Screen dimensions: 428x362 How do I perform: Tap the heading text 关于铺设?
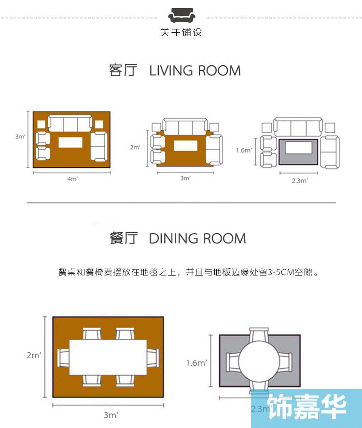181,33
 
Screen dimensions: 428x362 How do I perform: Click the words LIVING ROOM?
195,70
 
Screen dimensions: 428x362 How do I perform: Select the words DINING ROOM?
197,238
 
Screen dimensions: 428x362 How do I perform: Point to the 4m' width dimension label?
72,179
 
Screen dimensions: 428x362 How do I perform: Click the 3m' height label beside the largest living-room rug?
20,137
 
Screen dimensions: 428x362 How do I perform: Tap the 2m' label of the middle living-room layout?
135,147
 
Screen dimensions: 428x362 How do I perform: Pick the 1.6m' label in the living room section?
244,150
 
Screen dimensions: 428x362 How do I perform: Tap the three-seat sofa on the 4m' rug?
70,124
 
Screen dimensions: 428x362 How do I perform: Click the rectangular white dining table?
108,357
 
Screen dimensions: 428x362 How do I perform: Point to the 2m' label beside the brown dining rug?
34,356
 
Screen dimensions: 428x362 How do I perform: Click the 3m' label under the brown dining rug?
111,414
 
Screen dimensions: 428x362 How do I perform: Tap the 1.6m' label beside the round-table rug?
196,363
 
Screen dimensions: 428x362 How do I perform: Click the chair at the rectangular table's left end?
64,357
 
